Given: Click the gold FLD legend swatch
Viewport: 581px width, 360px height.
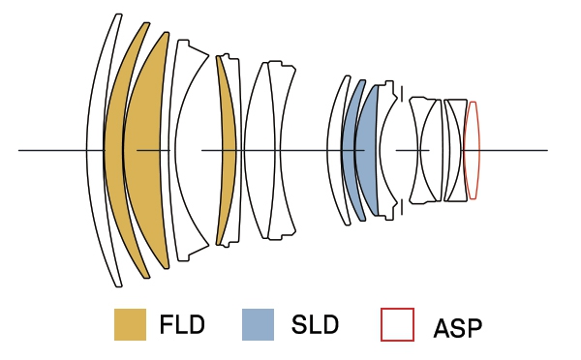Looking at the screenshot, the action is coord(130,324).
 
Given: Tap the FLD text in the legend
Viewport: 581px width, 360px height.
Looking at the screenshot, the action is coord(182,324).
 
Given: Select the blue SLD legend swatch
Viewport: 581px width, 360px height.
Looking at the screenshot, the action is coord(258,324).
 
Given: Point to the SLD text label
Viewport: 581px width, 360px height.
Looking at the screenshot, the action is coord(315,324).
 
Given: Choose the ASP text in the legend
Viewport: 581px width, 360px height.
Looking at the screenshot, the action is coord(458,328).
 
